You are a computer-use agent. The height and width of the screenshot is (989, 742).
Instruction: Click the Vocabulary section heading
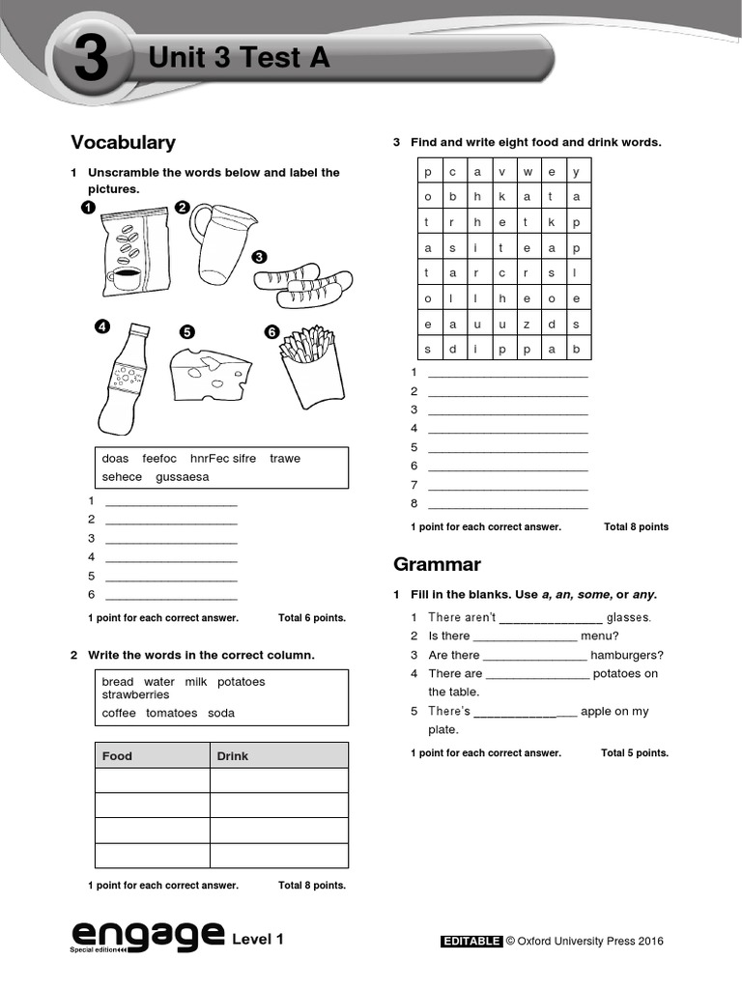(123, 143)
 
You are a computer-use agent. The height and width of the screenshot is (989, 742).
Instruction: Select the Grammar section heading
(437, 564)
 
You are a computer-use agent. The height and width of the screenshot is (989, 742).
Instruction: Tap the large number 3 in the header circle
(90, 63)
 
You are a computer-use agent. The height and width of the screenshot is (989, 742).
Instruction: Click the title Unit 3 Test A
(239, 59)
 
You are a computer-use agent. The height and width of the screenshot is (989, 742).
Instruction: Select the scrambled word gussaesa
(182, 477)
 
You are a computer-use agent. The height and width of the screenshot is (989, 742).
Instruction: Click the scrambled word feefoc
(159, 459)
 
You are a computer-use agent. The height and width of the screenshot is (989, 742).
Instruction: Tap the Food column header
(117, 756)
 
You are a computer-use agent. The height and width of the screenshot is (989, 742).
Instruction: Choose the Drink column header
(232, 756)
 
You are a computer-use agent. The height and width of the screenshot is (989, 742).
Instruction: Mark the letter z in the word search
(527, 324)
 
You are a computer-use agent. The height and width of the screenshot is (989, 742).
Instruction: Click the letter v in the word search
(501, 172)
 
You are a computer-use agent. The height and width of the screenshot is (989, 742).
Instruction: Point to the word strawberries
(135, 694)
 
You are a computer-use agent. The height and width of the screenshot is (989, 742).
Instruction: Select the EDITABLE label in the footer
(471, 942)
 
